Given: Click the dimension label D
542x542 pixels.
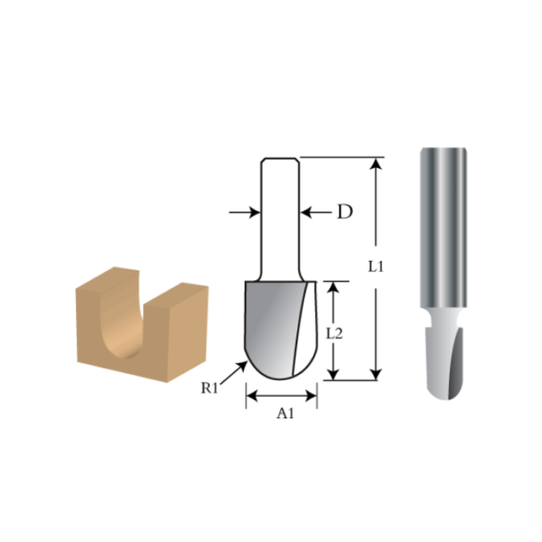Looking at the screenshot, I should point(344,212).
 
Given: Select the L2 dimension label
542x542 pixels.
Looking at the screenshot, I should point(334,332).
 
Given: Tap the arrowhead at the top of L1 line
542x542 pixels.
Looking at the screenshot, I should point(377,164).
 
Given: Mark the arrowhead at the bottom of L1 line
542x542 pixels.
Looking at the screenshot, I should point(377,374).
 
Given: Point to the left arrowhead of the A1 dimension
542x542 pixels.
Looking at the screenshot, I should point(252,395).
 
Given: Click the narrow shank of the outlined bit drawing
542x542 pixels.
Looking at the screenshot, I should point(279,217).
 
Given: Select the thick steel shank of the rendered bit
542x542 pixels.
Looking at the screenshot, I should point(443,226).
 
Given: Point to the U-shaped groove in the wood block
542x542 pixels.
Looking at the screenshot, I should point(121,322).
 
